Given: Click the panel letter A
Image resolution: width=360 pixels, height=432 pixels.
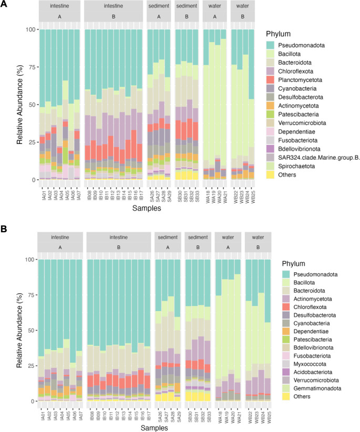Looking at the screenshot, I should click(x=5, y=5).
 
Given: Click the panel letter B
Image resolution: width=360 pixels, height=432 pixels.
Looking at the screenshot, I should click(x=5, y=230).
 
